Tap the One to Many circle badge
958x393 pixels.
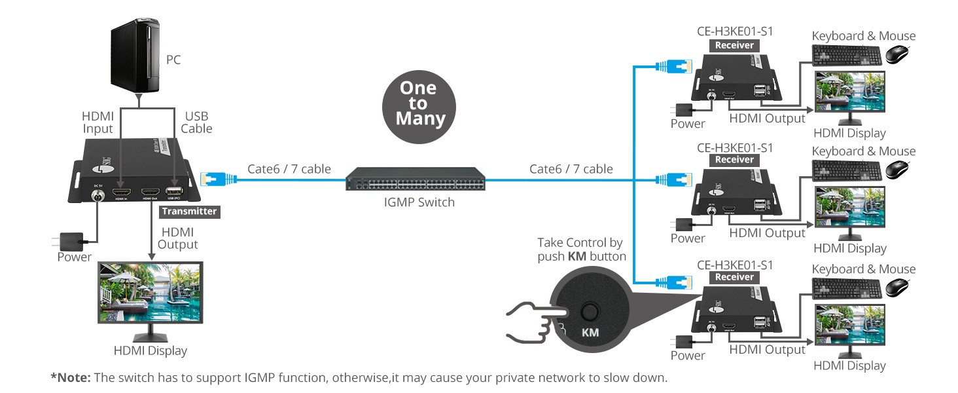coord(417,103)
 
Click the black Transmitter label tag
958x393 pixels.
coord(188,211)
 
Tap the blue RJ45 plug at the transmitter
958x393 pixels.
coord(214,178)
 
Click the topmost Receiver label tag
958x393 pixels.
coord(734,45)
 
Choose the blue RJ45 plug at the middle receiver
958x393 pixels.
coord(674,179)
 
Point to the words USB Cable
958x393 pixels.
coord(196,122)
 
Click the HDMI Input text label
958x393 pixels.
coord(98,122)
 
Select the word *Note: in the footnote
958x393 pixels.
coord(72,378)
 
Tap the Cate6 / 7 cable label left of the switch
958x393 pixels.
coord(289,169)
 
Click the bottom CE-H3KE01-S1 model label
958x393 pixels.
coord(735,265)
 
